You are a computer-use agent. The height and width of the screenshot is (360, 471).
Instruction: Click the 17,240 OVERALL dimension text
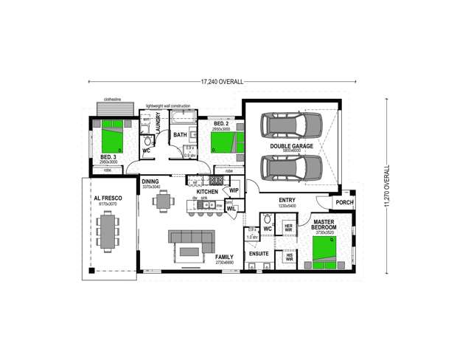coord(222,80)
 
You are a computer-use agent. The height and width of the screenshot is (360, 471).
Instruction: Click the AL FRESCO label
coord(107,199)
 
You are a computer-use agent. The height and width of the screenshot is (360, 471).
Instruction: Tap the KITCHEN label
coord(206,191)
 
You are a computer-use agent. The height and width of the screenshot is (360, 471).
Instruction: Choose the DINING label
coord(150,181)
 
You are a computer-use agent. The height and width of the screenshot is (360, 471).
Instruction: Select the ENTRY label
coord(287,199)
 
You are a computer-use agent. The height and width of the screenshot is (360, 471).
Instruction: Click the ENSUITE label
coord(259,253)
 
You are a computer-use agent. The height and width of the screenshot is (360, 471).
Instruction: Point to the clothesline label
coord(112,97)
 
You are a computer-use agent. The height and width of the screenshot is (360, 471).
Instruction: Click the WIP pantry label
coord(234,190)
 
